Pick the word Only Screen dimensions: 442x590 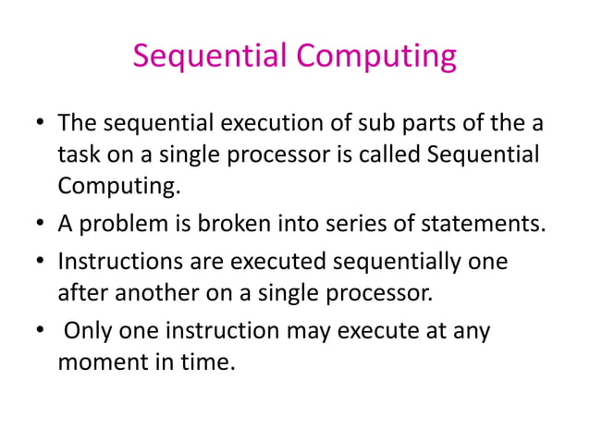click(84, 330)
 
